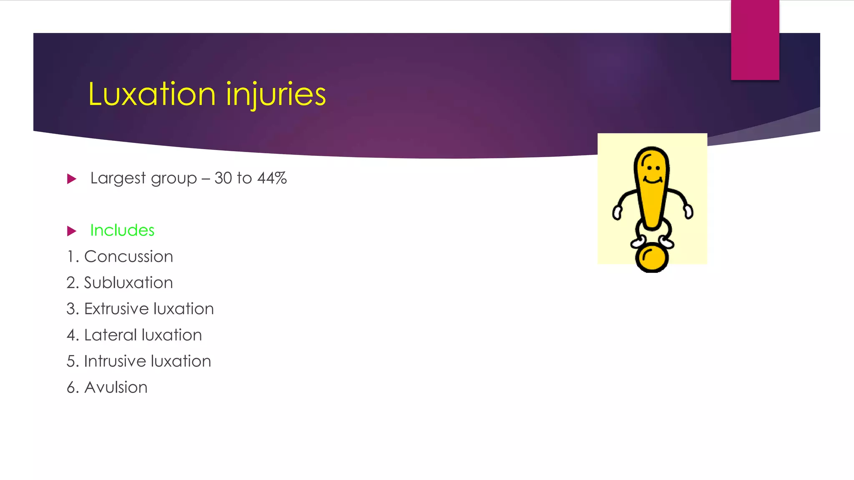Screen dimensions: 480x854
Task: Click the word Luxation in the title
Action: [152, 94]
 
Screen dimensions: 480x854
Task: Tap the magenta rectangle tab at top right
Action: [755, 40]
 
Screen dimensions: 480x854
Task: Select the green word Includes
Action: [122, 230]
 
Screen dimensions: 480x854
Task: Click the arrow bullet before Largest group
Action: [72, 179]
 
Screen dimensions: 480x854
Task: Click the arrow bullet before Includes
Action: [72, 231]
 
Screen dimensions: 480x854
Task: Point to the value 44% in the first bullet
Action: [272, 178]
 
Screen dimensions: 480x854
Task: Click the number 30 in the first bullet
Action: [223, 178]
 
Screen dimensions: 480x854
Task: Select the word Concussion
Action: [128, 257]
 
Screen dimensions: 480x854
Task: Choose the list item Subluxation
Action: [128, 283]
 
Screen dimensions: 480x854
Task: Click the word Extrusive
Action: [116, 309]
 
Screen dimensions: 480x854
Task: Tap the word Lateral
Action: [111, 335]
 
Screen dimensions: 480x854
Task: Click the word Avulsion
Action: [116, 387]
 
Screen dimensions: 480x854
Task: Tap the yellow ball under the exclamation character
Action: [652, 258]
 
